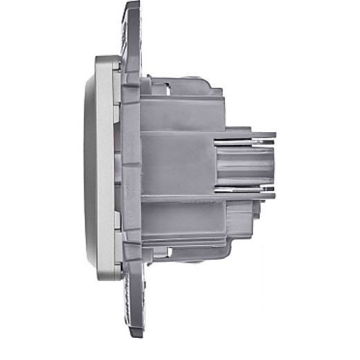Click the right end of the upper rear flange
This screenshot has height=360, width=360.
273,134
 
